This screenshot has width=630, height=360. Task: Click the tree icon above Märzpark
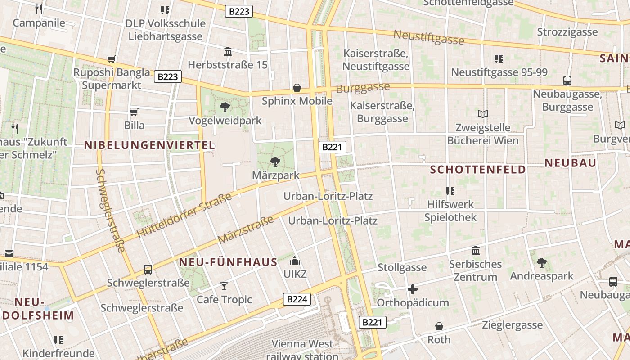[275, 162]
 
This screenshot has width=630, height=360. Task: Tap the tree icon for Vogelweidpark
[225, 107]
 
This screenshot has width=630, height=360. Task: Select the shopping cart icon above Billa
[134, 112]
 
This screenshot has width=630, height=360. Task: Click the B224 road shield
[297, 299]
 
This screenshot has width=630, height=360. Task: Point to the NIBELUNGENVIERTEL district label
[150, 145]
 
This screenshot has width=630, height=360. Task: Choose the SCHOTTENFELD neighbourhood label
[478, 170]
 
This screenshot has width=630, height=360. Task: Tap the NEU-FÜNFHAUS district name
[228, 262]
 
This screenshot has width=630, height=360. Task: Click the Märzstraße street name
[245, 230]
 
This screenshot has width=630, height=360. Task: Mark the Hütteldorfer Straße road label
[184, 215]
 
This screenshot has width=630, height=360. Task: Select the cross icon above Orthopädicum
[412, 289]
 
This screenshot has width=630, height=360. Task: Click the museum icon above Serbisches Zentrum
[476, 250]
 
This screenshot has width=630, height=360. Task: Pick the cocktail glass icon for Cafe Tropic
[224, 286]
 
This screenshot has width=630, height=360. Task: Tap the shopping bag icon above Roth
[439, 326]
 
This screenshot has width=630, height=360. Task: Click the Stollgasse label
[402, 268]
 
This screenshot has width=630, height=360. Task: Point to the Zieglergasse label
[512, 325]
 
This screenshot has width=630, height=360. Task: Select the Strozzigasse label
[567, 32]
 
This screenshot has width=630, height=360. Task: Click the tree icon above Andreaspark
[542, 262]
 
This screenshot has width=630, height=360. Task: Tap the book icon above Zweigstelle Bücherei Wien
[483, 114]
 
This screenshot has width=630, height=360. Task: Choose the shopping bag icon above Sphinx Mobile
[297, 87]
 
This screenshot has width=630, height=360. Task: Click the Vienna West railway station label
[302, 350]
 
